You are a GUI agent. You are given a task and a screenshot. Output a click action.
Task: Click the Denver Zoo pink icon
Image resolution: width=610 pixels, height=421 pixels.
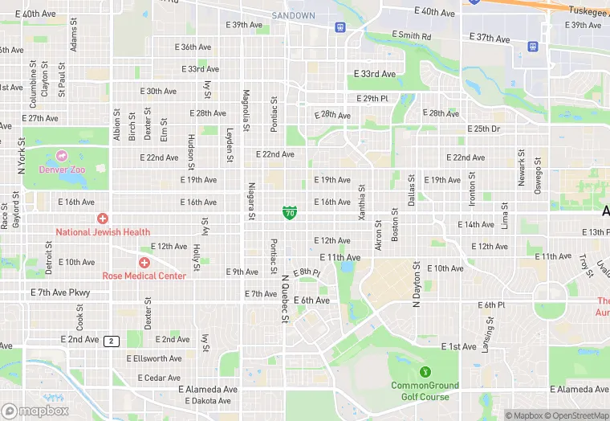click(x=62, y=157)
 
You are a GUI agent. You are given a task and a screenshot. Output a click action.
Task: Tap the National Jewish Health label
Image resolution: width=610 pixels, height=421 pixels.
click(x=103, y=232)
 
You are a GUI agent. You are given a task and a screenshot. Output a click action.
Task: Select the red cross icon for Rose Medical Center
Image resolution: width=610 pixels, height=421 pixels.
click(x=144, y=263)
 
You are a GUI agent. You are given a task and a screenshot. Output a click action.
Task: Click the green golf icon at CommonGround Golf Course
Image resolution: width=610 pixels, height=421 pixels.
click(x=425, y=372)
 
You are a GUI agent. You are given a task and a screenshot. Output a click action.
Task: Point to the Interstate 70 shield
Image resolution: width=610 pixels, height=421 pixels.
click(x=290, y=212)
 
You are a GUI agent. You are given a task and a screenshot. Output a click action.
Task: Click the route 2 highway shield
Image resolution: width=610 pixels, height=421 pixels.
click(x=112, y=341)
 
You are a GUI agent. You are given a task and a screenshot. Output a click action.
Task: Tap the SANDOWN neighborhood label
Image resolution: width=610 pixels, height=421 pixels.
click(x=293, y=15)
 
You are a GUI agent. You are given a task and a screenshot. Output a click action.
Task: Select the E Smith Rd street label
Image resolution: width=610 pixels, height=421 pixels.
click(x=411, y=36)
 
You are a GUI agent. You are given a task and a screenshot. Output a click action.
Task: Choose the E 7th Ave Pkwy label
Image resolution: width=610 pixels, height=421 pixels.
click(x=60, y=293)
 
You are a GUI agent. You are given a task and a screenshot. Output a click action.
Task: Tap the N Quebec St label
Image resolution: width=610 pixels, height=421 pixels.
click(x=284, y=300)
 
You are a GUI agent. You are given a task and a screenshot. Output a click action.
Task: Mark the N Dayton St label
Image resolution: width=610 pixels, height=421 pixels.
click(x=417, y=285)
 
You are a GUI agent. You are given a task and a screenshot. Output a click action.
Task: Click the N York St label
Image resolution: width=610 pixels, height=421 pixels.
click(x=22, y=156)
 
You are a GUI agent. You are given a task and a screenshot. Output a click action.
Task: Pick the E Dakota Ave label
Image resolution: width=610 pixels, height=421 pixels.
click(x=208, y=401)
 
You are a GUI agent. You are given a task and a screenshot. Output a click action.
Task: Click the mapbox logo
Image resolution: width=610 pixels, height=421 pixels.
click(x=35, y=411)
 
